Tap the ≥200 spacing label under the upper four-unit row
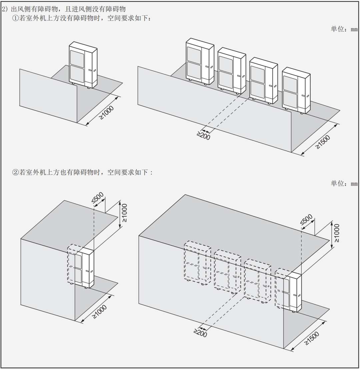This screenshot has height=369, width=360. (x=203, y=135)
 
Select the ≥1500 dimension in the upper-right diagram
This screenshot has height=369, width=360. (x=323, y=142)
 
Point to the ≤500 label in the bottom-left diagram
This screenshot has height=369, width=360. (x=97, y=198)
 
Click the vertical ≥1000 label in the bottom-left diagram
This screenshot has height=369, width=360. (x=124, y=213)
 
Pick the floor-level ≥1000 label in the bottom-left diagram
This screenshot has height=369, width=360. (x=99, y=312)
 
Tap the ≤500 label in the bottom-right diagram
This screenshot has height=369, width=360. (x=307, y=220)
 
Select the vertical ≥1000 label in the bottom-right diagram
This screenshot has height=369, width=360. (x=337, y=233)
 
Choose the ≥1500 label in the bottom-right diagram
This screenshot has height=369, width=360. (x=312, y=338)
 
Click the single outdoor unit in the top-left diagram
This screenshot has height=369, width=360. (x=83, y=65)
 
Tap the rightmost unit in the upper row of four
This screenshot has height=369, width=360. (x=296, y=90)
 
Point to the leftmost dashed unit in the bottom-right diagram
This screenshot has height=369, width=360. (x=197, y=263)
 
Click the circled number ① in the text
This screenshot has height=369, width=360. (x=15, y=18)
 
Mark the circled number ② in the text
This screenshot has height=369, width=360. (x=15, y=172)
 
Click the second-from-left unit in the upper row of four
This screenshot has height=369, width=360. (x=232, y=71)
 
